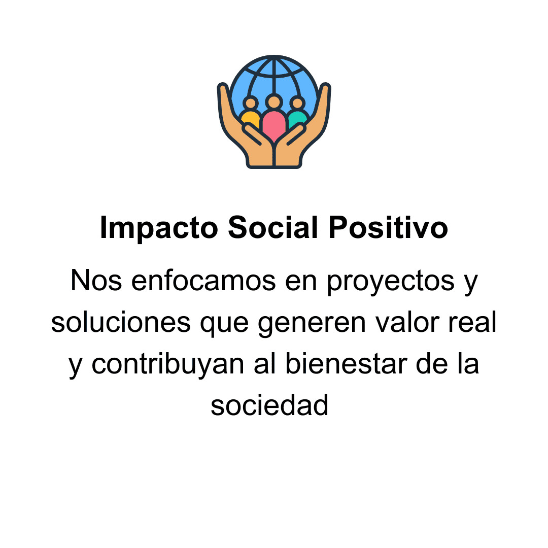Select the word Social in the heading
point(272,227)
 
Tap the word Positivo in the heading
point(388,227)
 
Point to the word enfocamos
point(203,281)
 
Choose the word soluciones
point(121,323)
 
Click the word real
point(472,323)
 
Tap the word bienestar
point(346,364)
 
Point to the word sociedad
point(269,405)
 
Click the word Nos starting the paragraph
point(96,281)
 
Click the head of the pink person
point(274,102)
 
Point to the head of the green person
point(297,104)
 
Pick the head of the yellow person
point(251,104)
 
